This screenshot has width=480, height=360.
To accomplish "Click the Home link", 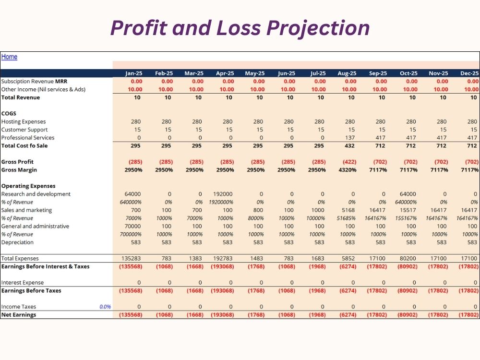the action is (9, 57).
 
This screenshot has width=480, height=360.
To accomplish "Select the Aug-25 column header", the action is (347, 73).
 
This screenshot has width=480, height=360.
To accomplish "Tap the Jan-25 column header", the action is (134, 73).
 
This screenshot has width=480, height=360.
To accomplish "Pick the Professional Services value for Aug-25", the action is (349, 138).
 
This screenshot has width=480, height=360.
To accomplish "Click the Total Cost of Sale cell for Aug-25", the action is (349, 146).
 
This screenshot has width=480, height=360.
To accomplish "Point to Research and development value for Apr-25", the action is (223, 194).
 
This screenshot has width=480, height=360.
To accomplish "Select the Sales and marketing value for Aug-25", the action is (348, 210).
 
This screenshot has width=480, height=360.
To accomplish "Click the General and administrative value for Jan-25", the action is (132, 226).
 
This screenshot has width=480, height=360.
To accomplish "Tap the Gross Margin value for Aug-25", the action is (348, 170).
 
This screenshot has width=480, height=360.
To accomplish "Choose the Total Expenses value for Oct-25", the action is (408, 258).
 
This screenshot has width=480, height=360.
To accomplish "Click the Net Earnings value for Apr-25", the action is (222, 315).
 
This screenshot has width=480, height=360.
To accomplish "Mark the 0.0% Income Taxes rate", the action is (105, 307).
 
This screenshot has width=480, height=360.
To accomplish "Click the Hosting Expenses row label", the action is (24, 121).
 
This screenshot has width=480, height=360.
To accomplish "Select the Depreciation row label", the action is (17, 242).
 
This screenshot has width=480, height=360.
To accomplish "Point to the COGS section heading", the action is (9, 114).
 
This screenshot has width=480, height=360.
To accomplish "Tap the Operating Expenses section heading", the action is (28, 186).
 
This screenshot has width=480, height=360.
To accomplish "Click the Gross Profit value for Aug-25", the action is (349, 162).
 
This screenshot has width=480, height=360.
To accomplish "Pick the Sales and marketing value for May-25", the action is (258, 210).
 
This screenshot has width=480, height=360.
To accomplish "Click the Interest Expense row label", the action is (23, 283).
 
